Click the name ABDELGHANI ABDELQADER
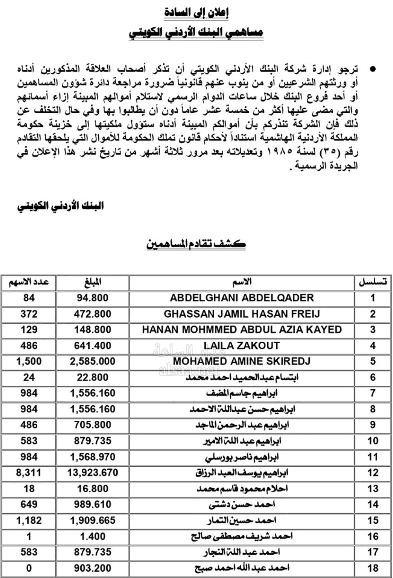tap(242, 298)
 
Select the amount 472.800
tap(92, 314)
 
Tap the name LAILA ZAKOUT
tap(242, 346)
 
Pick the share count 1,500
tap(29, 361)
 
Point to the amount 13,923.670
tap(92, 473)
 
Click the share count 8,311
tap(29, 473)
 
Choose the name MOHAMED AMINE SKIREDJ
tap(242, 361)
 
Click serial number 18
tap(373, 568)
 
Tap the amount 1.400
tap(92, 536)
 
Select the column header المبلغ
tap(93, 282)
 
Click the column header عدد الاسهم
tap(29, 282)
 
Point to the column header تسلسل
tap(373, 282)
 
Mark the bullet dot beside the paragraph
tap(373, 70)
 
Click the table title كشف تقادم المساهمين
tap(196, 244)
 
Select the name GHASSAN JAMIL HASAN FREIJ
tap(242, 314)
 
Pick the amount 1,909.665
tap(92, 520)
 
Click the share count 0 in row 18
tap(29, 568)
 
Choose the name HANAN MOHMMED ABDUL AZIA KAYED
tap(242, 329)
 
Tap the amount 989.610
tap(92, 504)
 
